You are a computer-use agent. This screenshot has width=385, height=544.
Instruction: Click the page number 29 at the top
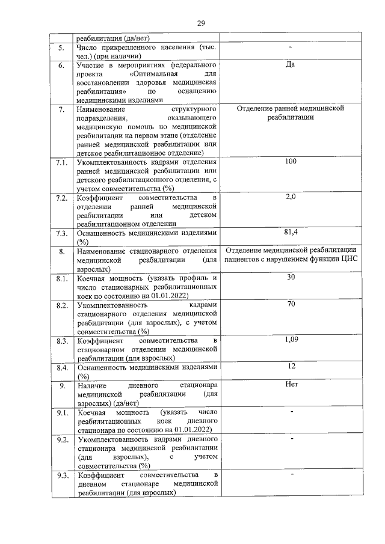(x=201, y=23)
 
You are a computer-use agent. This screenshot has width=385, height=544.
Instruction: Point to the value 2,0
(x=291, y=197)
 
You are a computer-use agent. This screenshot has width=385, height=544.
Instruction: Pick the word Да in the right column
(x=291, y=64)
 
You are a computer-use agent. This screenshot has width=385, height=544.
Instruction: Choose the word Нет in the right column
(x=291, y=384)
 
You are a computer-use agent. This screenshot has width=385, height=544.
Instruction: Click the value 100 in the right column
(x=291, y=162)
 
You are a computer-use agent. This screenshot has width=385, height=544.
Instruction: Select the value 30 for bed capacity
(x=291, y=277)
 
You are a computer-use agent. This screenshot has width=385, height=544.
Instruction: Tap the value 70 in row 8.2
(x=291, y=304)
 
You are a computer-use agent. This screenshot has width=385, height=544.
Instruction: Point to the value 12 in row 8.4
(x=291, y=366)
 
